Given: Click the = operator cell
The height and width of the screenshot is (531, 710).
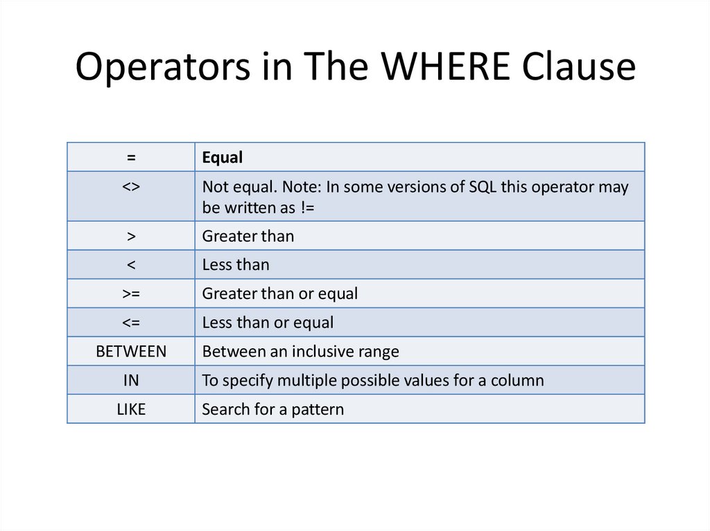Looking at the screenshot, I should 131,158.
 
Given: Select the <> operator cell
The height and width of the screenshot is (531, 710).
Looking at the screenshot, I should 131,188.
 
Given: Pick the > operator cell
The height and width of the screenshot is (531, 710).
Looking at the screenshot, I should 131,236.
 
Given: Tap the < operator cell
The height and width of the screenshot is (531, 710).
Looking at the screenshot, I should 131,264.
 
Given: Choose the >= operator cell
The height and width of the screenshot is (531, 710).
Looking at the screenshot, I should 131,294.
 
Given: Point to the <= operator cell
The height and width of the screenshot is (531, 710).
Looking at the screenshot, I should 131,323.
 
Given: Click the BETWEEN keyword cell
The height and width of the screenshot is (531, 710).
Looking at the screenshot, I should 131,351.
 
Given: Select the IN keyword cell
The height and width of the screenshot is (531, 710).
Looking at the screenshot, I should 131,380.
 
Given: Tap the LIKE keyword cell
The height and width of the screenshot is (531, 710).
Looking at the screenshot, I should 131,409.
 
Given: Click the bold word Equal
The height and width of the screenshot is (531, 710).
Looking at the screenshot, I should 222,158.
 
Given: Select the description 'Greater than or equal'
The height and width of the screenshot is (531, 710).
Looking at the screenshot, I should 279,294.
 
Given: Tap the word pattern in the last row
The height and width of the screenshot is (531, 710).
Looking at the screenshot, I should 318,409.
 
